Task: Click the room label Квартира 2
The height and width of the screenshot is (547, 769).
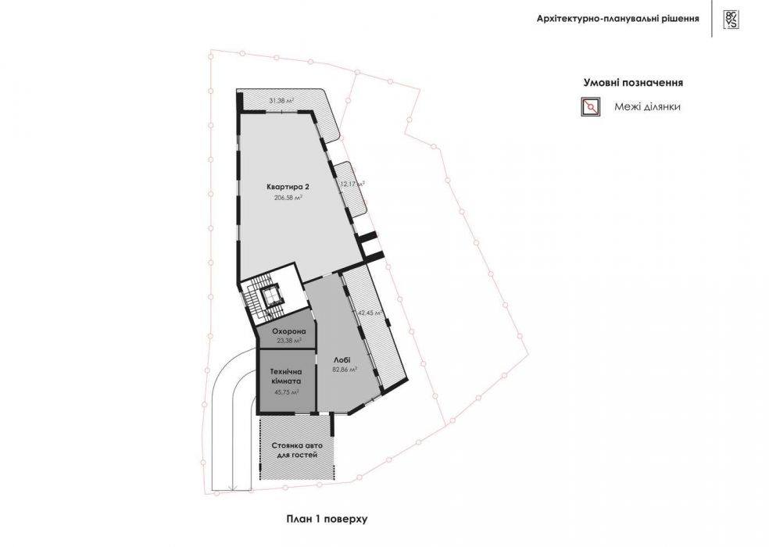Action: [x=284, y=187]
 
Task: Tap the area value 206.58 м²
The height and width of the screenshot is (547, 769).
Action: [x=288, y=198]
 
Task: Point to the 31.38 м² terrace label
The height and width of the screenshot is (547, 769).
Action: [x=281, y=101]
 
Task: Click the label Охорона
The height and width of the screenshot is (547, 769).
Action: [x=287, y=331]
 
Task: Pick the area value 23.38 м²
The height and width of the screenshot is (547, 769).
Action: [x=288, y=340]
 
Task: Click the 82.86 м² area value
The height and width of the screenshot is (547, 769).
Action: [x=345, y=369]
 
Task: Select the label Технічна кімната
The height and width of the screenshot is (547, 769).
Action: [x=286, y=377]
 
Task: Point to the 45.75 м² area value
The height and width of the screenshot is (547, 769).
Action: [x=286, y=393]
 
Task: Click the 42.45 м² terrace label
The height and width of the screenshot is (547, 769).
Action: [x=369, y=313]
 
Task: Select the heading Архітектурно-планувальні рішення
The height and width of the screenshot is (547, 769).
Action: [x=617, y=18]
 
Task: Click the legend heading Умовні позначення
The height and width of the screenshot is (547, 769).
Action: [x=634, y=82]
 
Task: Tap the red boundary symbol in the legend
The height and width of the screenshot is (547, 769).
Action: [x=590, y=108]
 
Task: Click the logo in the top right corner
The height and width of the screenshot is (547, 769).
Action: [x=731, y=19]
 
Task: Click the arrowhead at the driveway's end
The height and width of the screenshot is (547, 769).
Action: [x=232, y=488]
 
